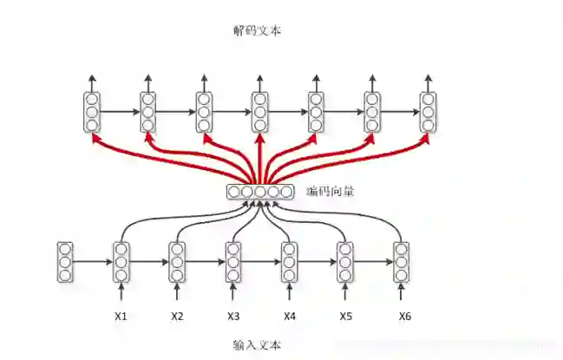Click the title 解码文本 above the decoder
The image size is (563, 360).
[x=257, y=30]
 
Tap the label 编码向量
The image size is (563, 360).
[x=331, y=191]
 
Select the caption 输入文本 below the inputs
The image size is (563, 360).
[x=257, y=344]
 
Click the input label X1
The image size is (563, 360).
[x=121, y=316]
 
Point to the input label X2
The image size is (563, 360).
[x=177, y=316]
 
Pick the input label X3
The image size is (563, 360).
[x=233, y=316]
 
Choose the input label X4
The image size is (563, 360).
[x=290, y=316]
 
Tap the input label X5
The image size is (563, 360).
[x=346, y=316]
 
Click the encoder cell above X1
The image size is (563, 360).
[x=121, y=262]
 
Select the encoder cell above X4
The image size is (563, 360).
[x=290, y=262]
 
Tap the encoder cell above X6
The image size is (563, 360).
[x=402, y=262]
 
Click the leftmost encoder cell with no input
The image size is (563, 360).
[x=65, y=262]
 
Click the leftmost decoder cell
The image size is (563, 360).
[x=92, y=112]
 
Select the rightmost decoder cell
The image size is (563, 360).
[x=429, y=112]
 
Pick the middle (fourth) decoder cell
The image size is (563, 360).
[x=260, y=112]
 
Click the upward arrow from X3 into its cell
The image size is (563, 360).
[x=233, y=293]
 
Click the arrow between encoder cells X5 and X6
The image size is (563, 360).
[x=374, y=262]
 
